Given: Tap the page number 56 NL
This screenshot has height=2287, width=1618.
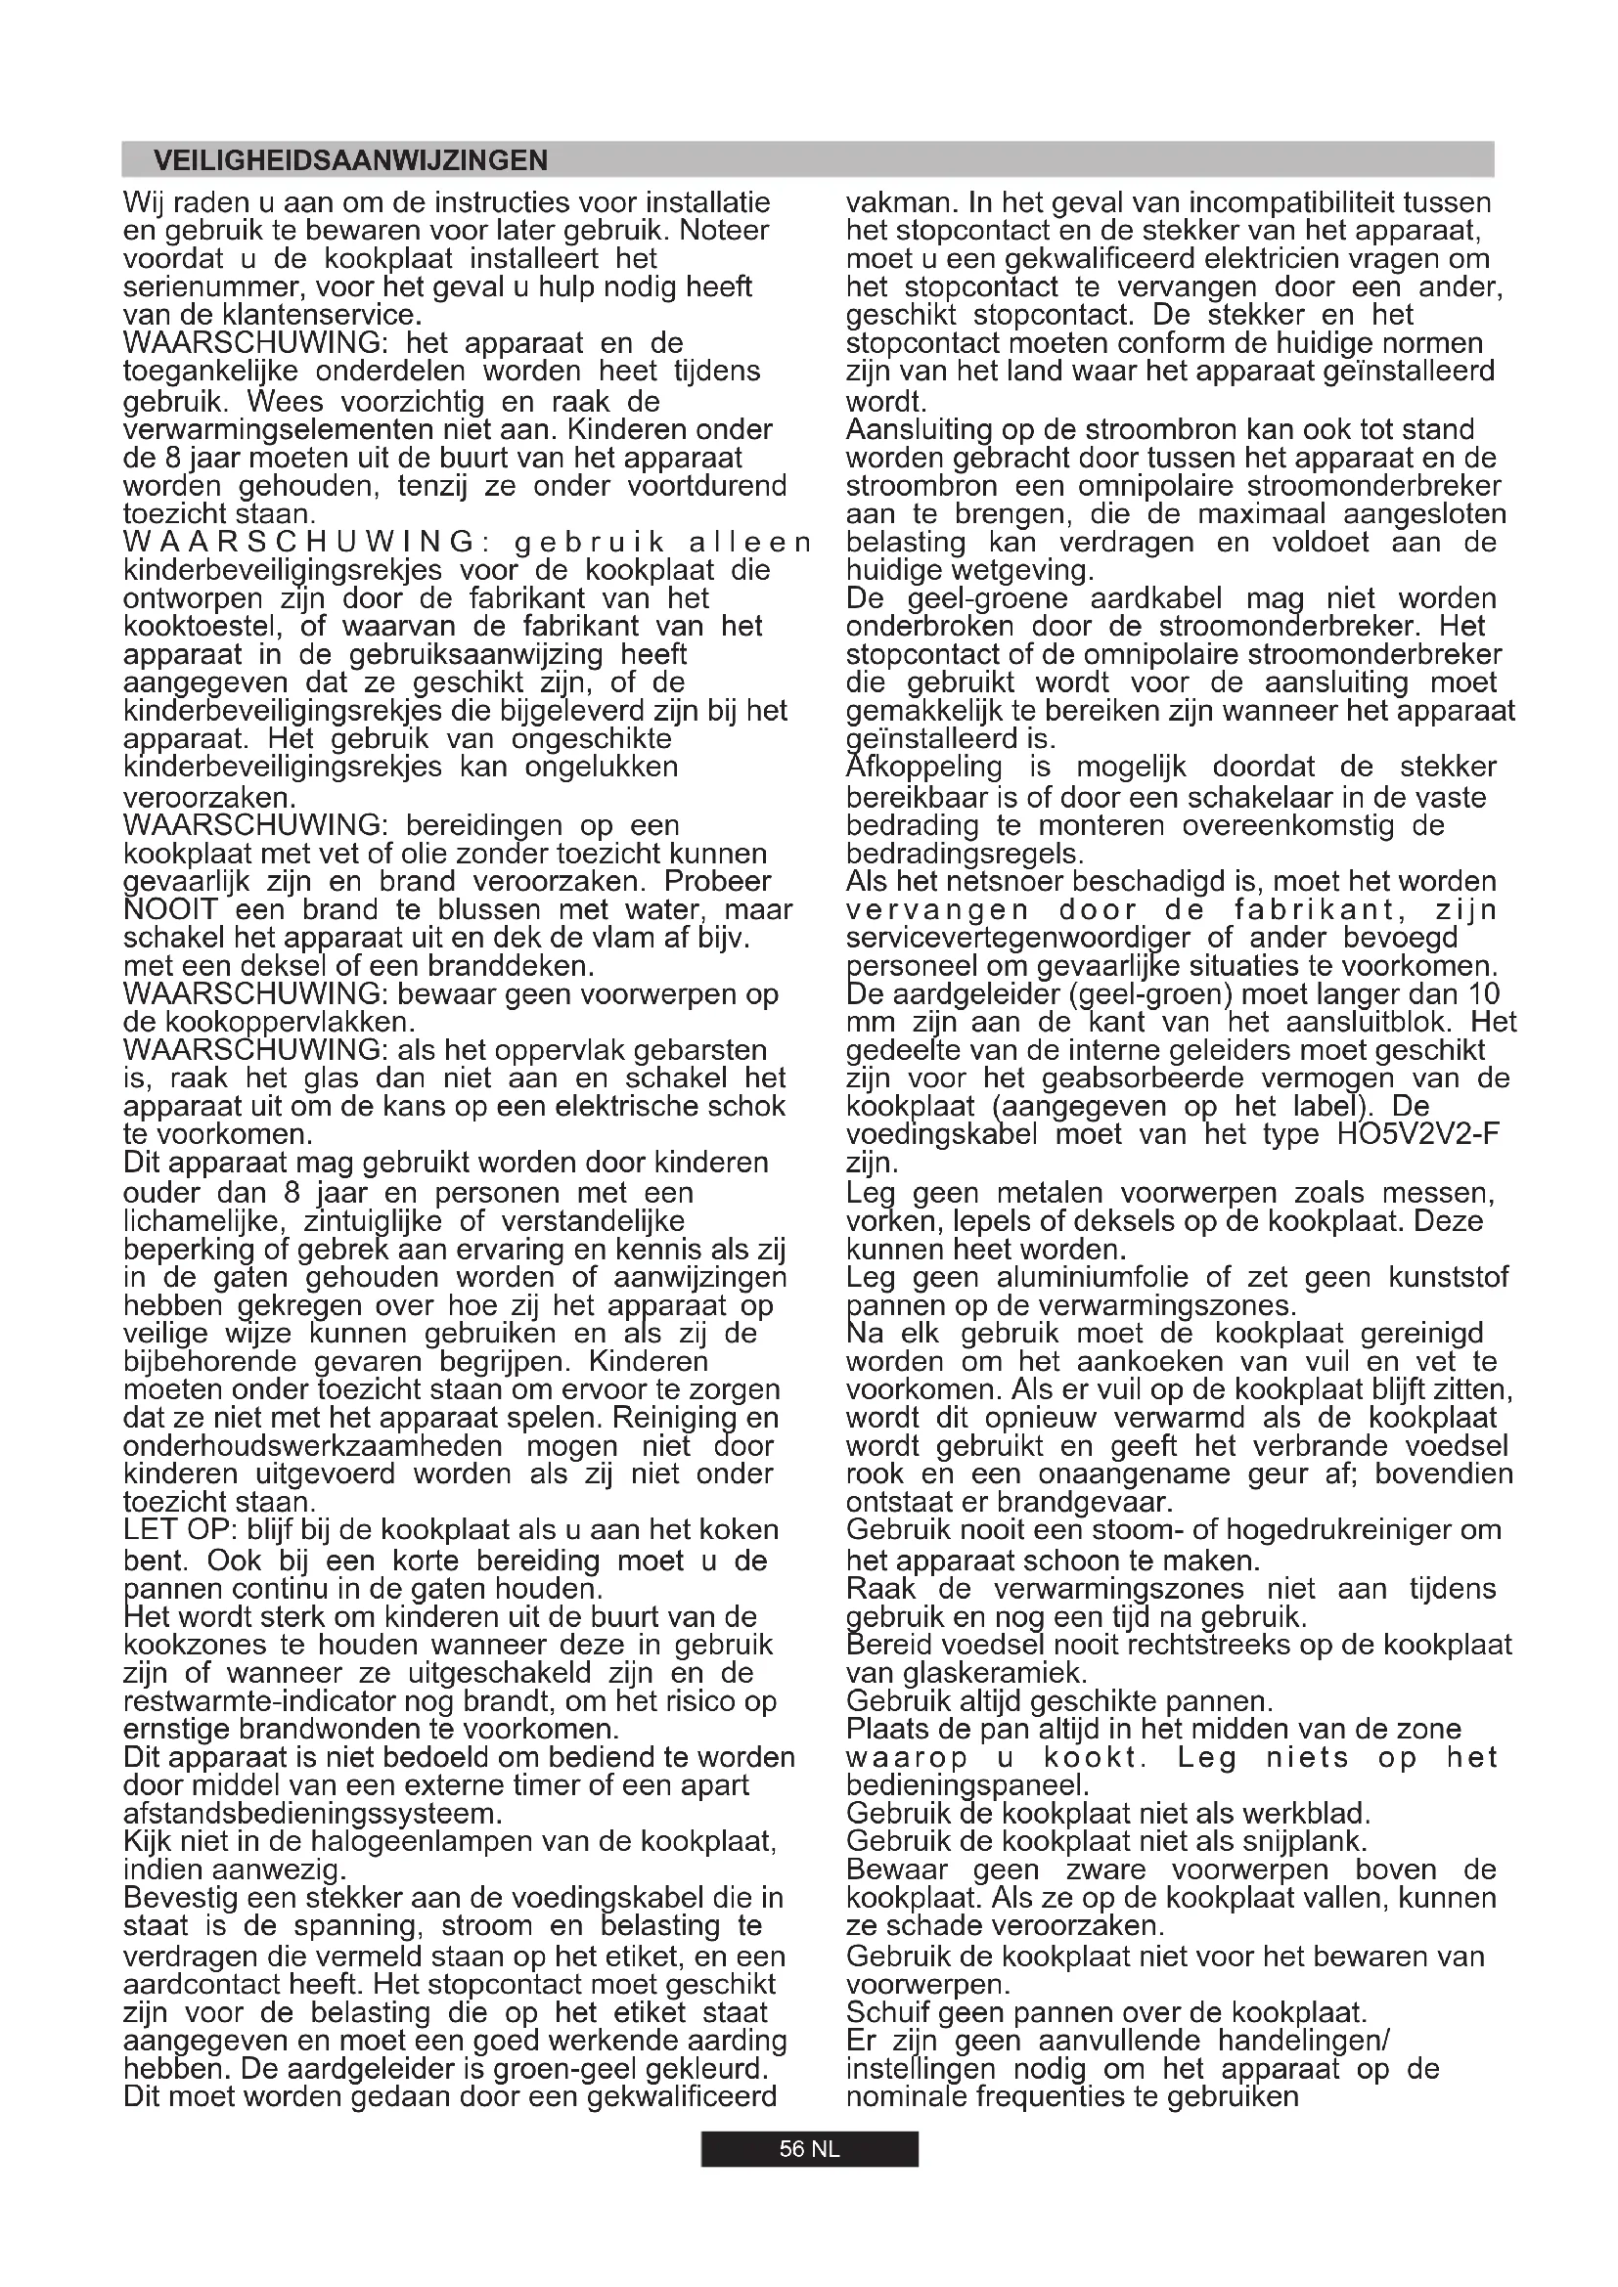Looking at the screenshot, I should click(x=809, y=2148).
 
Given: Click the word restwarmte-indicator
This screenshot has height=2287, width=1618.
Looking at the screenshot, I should click(x=261, y=1701).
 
